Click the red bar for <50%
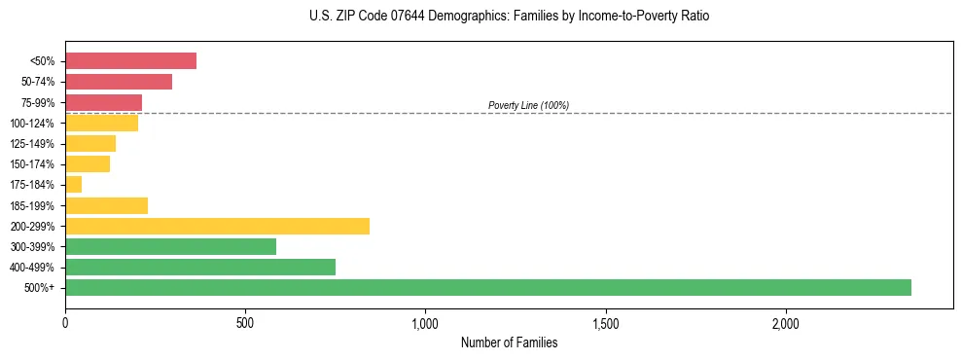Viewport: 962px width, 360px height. [130, 61]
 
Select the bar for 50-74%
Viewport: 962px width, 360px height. [119, 82]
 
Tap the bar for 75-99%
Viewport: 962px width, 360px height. [103, 102]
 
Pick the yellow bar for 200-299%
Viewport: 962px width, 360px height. [217, 226]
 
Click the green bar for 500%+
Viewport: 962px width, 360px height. [488, 287]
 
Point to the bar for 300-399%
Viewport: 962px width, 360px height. [170, 246]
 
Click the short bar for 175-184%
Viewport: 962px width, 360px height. [74, 185]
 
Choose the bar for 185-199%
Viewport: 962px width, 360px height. [106, 205]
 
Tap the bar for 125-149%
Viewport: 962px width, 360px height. [90, 144]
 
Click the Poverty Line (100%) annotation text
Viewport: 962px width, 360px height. [528, 105]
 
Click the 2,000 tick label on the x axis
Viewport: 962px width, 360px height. [786, 322]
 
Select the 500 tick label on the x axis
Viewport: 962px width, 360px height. [245, 322]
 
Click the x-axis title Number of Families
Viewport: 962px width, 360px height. [509, 342]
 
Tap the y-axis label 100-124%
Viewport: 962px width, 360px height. [32, 124]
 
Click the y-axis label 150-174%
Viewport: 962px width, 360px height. [32, 164]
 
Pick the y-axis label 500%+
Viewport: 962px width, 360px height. [41, 288]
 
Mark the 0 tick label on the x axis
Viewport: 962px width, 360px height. [65, 322]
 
